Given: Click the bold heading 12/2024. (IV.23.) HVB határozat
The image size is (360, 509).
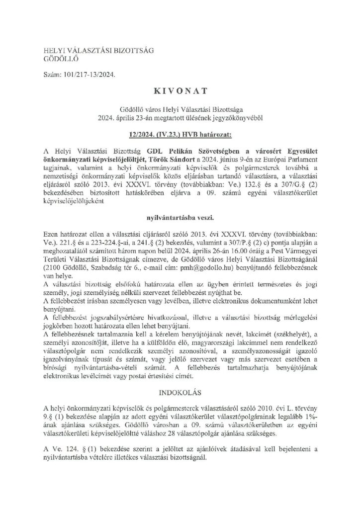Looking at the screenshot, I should [x=180, y=133].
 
